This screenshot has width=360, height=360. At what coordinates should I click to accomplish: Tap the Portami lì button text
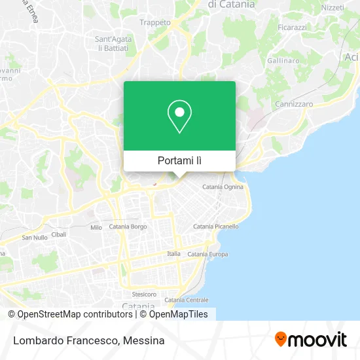point(179,160)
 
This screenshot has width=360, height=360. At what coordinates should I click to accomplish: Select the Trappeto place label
point(155,22)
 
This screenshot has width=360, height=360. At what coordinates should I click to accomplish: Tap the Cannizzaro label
point(294,104)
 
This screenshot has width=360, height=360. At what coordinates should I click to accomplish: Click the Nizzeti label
point(333,8)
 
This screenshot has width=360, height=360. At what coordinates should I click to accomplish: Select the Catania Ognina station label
point(223,187)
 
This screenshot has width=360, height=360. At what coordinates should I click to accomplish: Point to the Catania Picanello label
point(215,226)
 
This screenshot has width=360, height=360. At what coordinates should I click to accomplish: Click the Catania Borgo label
point(128,226)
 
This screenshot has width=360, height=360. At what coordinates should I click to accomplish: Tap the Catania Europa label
point(207,254)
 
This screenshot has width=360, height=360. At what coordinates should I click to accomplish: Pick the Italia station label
point(173,254)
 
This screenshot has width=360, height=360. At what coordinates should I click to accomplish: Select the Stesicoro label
point(144,295)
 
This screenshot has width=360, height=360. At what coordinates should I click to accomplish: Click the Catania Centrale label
point(187,300)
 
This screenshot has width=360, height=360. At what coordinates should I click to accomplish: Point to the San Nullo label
point(35,237)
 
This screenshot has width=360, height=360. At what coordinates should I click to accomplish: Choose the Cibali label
point(59,234)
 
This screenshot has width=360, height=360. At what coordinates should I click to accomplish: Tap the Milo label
point(96,228)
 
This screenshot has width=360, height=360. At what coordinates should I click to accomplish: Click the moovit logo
point(310,339)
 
